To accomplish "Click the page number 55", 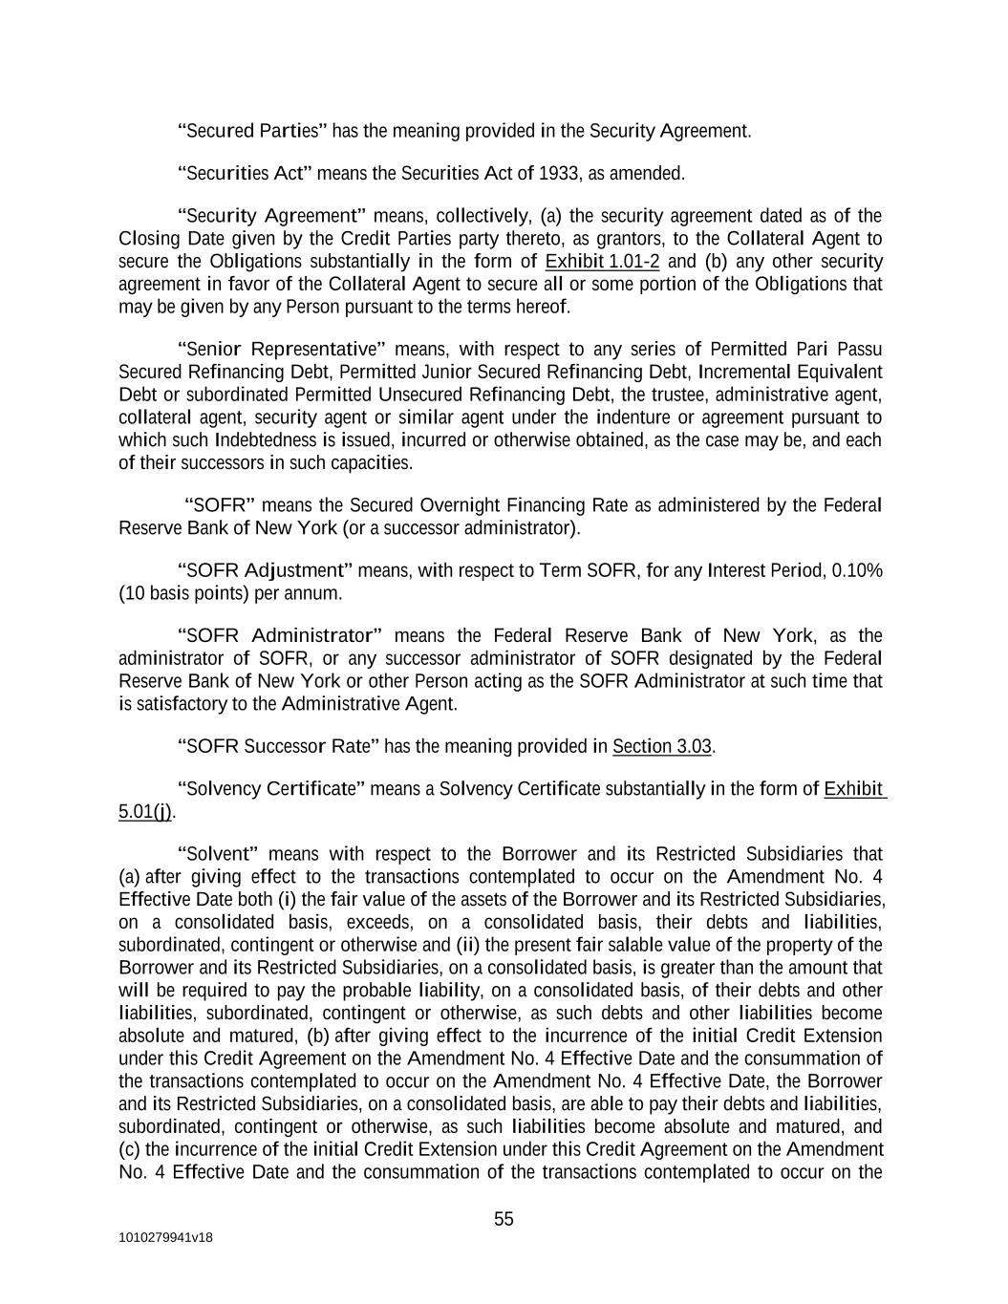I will click(x=504, y=1219).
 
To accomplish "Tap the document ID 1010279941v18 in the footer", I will click(x=165, y=1238).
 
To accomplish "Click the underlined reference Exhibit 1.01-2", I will click(x=602, y=262).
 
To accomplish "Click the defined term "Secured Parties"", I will click(x=253, y=131).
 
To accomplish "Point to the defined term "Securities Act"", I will click(x=246, y=174).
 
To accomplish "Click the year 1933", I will click(x=559, y=174).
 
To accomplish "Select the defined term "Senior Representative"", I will click(x=281, y=349).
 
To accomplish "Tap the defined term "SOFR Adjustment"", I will click(x=266, y=571).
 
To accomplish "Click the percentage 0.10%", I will click(x=857, y=571).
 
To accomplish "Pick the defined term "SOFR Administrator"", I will click(x=280, y=636).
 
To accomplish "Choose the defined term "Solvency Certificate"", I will click(x=271, y=789).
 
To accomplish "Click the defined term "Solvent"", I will click(x=220, y=854).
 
